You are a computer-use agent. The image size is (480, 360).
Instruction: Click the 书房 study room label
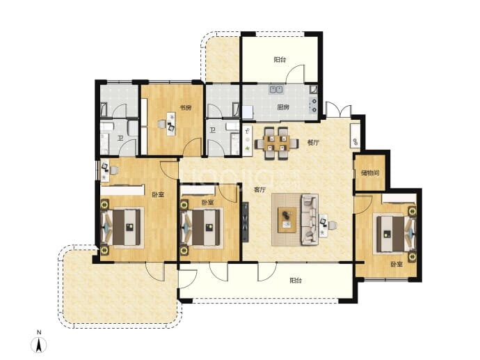[185, 107]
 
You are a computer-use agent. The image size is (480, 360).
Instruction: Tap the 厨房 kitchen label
[283, 107]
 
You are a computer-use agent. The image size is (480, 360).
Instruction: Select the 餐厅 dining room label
[313, 143]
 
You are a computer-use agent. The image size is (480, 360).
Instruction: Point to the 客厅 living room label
[259, 189]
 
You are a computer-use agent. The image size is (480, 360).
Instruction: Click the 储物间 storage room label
[370, 173]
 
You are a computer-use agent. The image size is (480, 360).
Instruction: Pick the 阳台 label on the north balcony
[280, 59]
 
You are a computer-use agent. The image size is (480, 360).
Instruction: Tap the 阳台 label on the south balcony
[296, 281]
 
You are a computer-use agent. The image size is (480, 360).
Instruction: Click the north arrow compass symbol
[39, 345]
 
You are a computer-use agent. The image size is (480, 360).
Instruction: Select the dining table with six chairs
[277, 143]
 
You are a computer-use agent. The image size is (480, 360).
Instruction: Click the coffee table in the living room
[287, 219]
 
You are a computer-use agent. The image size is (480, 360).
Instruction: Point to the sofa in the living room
[310, 219]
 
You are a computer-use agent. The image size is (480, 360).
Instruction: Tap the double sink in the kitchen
[276, 89]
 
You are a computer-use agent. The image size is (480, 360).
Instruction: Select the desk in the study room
[171, 124]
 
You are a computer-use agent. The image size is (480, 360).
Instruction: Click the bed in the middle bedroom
[202, 227]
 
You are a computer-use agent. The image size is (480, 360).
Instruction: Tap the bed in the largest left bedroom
[122, 227]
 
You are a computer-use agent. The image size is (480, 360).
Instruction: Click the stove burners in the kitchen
[313, 104]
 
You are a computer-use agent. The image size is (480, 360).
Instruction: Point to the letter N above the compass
[39, 332]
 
